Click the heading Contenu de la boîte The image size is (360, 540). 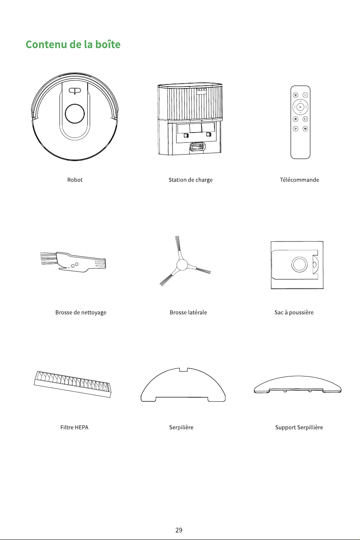click(x=73, y=44)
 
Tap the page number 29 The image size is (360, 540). click(x=179, y=530)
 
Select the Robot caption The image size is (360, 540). click(x=75, y=180)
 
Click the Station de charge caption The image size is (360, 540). click(x=190, y=180)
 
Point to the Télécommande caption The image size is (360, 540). click(x=299, y=180)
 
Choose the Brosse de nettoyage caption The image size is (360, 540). click(x=81, y=312)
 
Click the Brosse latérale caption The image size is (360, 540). click(x=188, y=312)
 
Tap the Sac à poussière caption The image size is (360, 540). click(x=294, y=312)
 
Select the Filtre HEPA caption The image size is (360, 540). click(x=74, y=427)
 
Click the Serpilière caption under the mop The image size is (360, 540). click(x=181, y=427)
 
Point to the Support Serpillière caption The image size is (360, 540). click(x=299, y=427)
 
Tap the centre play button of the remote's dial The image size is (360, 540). click(x=300, y=107)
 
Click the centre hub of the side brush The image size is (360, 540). click(x=182, y=265)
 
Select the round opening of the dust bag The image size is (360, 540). click(x=299, y=264)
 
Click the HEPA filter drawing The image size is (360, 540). click(x=73, y=384)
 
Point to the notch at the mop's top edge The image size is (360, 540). click(x=183, y=370)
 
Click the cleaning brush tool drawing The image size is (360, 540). click(x=73, y=262)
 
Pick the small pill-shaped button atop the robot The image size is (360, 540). click(x=75, y=91)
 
